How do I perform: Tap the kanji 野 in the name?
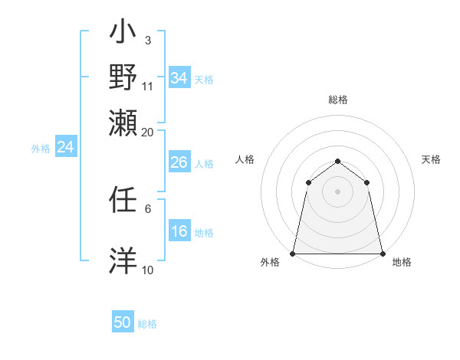click(123, 77)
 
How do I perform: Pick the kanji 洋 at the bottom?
click(123, 260)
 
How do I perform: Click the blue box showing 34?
click(179, 78)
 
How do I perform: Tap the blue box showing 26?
click(179, 163)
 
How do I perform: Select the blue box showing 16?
click(179, 232)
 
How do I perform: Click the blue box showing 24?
click(65, 148)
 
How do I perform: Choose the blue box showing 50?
click(123, 322)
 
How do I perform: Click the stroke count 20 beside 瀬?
click(147, 132)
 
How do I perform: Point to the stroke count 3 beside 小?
click(147, 40)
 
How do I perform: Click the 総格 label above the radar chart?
click(337, 100)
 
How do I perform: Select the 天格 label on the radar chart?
click(432, 159)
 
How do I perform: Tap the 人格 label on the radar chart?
click(245, 159)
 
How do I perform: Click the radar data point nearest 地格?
click(383, 254)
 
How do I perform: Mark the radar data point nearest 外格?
click(293, 254)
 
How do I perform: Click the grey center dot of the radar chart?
click(337, 191)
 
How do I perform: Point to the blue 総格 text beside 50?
click(147, 324)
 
